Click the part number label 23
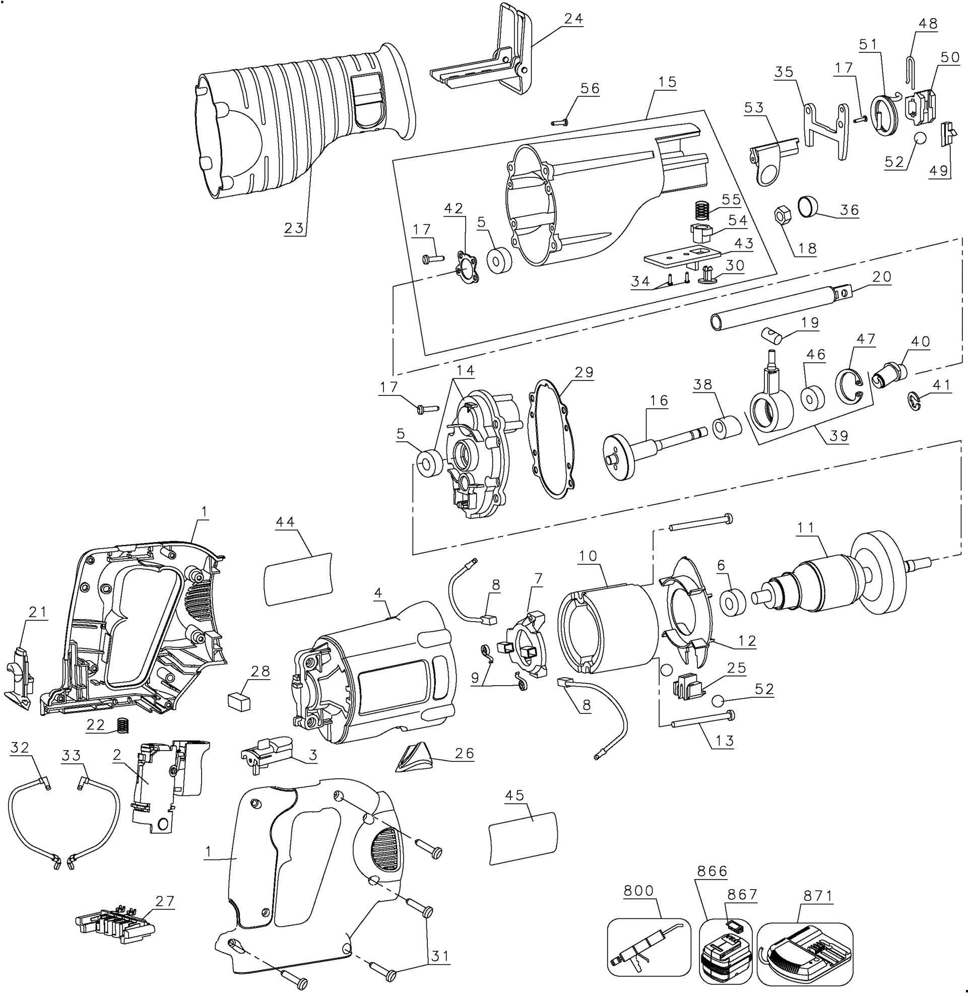[x=294, y=228]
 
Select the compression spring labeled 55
[x=702, y=210]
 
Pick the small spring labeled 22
[x=122, y=725]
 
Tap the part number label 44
[x=285, y=522]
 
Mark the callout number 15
[x=668, y=82]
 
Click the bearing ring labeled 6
[x=733, y=602]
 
